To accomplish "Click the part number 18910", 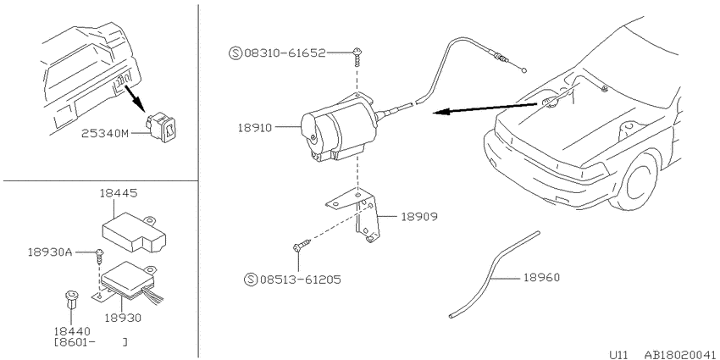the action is click(x=255, y=127).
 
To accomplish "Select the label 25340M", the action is click(x=105, y=134).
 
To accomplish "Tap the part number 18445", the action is click(x=118, y=194).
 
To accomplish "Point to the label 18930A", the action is click(x=50, y=252).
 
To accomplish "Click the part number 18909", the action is click(x=418, y=216).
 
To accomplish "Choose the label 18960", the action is click(x=541, y=278).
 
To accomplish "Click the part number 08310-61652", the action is click(x=285, y=53).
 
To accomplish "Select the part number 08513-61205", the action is click(x=301, y=280).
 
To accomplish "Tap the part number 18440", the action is click(x=72, y=331).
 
